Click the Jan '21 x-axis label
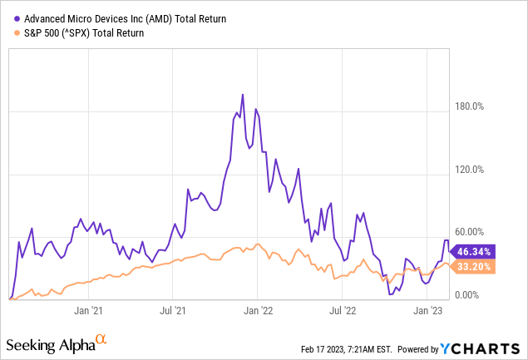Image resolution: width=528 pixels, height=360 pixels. coord(87,310)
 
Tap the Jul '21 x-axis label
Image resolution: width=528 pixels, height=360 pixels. coord(172,310)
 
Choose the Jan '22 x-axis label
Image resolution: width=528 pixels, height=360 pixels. coord(258,310)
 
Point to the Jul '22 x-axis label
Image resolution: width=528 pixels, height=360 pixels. coord(343,310)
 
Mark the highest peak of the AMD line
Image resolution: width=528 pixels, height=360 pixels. coord(242,95)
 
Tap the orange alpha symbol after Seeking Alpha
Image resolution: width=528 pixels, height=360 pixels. coord(101,340)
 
